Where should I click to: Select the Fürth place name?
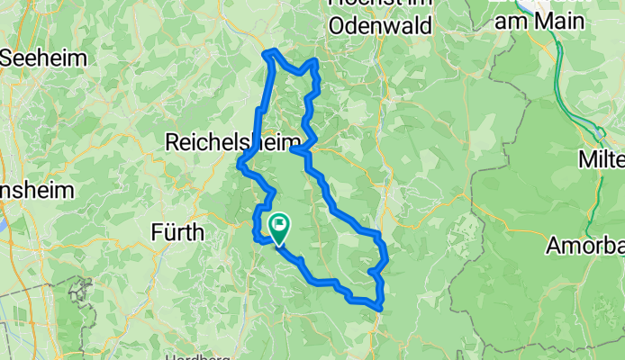pos(177,233)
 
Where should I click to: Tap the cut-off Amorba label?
pos(585,245)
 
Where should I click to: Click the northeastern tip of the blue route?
pos(315,61)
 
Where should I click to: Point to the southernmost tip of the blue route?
pos(383,309)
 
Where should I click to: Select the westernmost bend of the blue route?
pos(240,164)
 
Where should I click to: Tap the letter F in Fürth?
pos(155,233)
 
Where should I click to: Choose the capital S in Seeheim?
pos(7,58)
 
